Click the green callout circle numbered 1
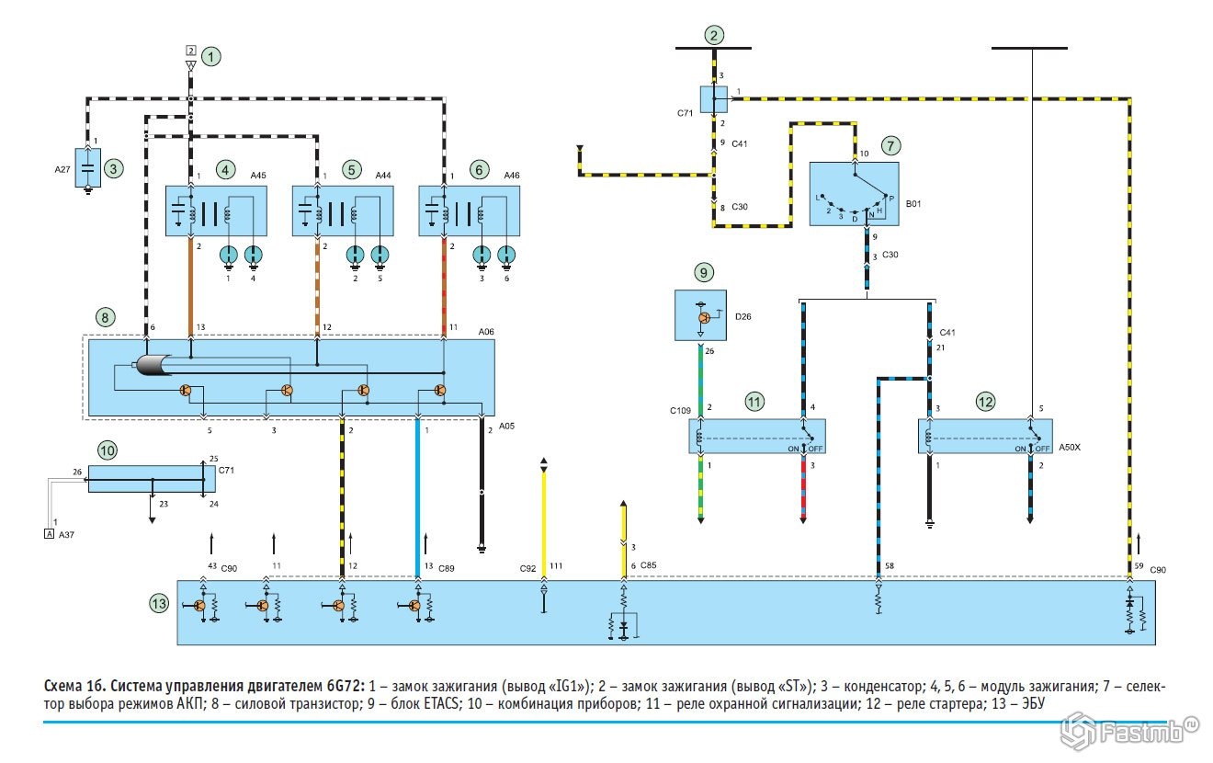(x=212, y=57)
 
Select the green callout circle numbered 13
(x=159, y=603)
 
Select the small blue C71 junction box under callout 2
(x=714, y=98)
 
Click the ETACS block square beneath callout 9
(x=702, y=316)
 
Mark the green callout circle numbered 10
(x=108, y=450)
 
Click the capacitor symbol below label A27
(x=88, y=170)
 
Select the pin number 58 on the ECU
(x=889, y=564)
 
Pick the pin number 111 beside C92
(x=556, y=566)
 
